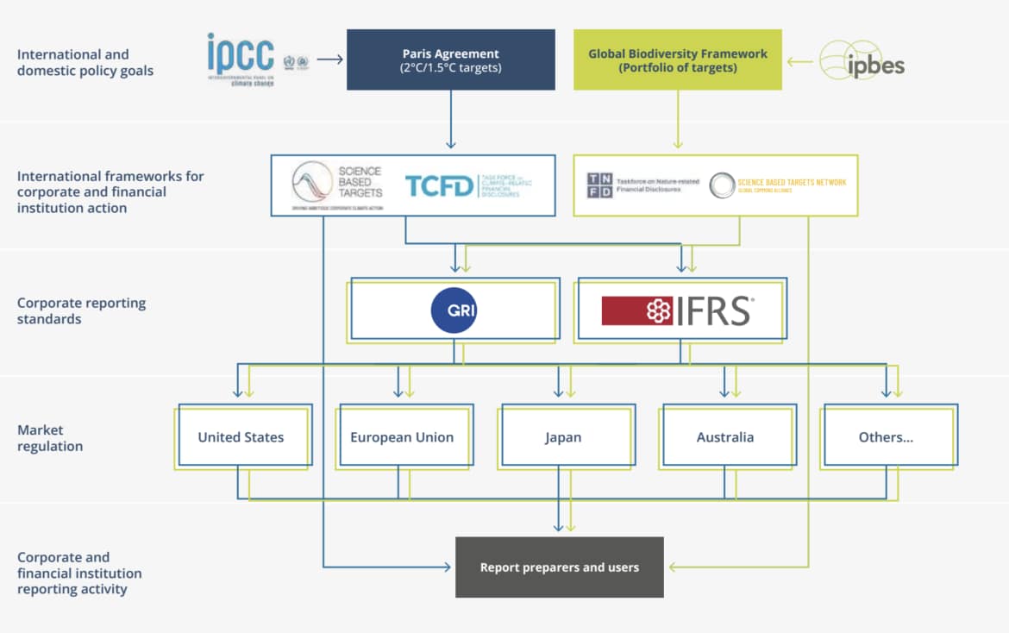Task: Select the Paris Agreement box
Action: click(x=450, y=60)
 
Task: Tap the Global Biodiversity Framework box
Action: click(x=677, y=60)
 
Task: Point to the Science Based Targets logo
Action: click(x=336, y=185)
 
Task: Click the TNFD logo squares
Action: click(x=599, y=185)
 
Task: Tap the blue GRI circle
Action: click(x=454, y=310)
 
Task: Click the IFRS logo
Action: click(x=678, y=310)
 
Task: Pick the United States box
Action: click(x=241, y=437)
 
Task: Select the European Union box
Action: click(x=402, y=437)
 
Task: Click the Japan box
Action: click(x=563, y=437)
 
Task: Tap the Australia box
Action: click(x=724, y=437)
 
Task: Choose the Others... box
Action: click(x=886, y=437)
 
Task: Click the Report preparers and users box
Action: click(x=559, y=567)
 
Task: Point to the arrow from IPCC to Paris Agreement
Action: click(x=329, y=60)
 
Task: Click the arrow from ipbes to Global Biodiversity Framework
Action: click(x=800, y=60)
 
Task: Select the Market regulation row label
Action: click(x=50, y=438)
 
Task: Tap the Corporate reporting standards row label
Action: click(x=81, y=310)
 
